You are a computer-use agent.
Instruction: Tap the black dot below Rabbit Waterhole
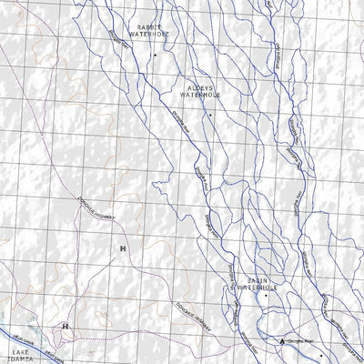(x=155, y=55)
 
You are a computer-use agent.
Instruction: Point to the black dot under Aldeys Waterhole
(x=208, y=116)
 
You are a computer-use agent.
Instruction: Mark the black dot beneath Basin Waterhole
(x=266, y=297)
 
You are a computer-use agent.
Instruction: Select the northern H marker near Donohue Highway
(x=122, y=248)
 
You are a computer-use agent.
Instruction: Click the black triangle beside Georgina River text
(x=282, y=342)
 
